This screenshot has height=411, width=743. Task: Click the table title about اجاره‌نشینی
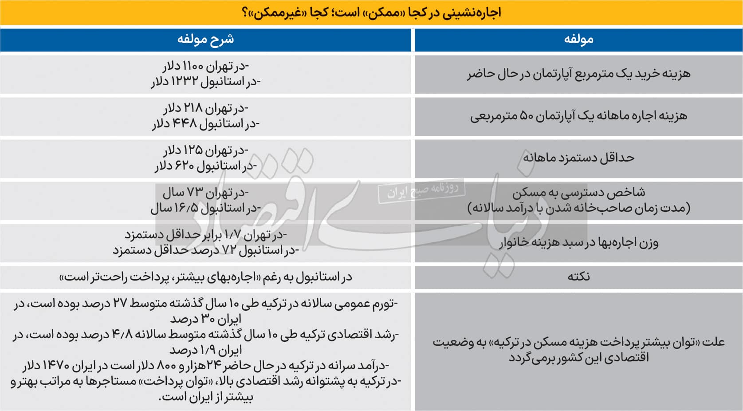pos(371,12)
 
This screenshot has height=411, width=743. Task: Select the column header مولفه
pos(578,40)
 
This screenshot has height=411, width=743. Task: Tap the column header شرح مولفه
pos(205,40)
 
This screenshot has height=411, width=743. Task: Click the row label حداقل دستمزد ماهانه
pos(578,158)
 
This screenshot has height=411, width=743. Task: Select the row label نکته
pos(578,277)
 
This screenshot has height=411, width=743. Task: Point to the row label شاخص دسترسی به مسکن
pos(578,193)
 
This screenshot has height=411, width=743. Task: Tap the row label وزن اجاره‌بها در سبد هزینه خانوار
pos(578,242)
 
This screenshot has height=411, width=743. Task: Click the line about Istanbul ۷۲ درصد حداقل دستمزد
pos(205,250)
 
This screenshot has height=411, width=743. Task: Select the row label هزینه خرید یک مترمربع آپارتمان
pos(578,74)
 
